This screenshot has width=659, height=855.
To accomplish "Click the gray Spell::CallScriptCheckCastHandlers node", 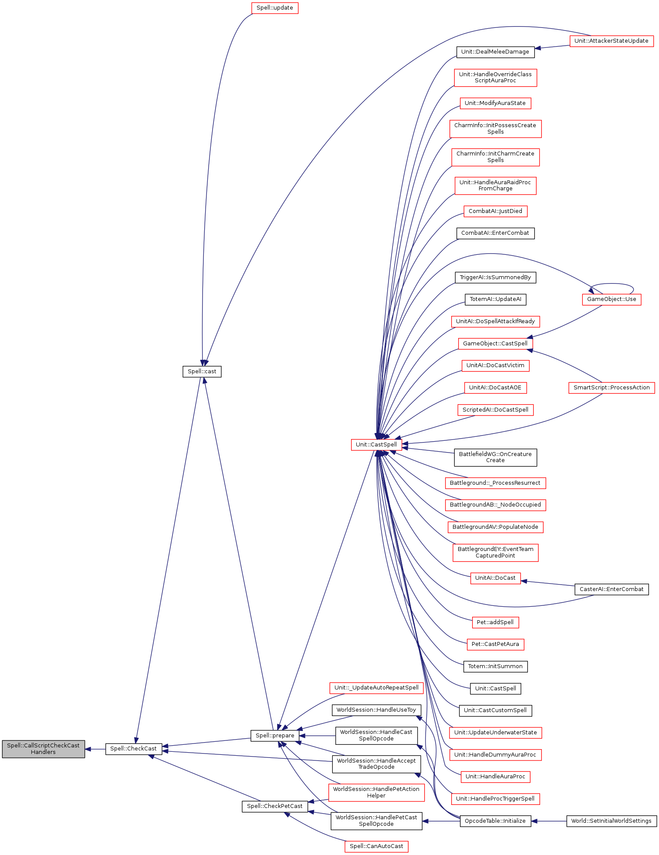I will click(x=43, y=749).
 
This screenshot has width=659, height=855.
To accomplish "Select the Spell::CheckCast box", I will click(x=133, y=749).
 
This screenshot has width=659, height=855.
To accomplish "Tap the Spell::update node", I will click(x=274, y=8).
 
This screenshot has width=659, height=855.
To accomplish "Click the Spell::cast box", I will click(x=202, y=372).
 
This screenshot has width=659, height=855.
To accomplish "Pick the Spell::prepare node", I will click(x=275, y=736).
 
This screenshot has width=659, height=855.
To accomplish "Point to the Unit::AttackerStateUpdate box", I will click(x=611, y=41).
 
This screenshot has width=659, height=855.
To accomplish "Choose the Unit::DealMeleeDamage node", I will click(x=495, y=52).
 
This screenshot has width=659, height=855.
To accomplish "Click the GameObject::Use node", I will click(x=611, y=299).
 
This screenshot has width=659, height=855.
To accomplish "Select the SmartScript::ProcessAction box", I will click(x=611, y=388).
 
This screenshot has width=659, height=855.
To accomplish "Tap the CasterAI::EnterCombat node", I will click(x=611, y=589).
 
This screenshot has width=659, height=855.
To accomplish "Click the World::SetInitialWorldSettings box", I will click(x=611, y=821).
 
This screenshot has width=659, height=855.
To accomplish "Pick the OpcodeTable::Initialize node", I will click(x=495, y=821).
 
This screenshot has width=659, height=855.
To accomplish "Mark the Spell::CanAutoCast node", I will click(x=376, y=846).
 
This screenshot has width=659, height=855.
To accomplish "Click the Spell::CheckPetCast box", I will click(x=274, y=806).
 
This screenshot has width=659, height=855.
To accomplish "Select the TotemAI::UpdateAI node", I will click(x=495, y=299).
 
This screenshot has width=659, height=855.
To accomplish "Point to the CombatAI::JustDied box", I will click(x=495, y=211).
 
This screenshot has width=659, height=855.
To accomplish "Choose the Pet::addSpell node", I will click(x=495, y=622).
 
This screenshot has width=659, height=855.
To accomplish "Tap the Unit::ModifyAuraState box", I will click(x=495, y=103).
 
